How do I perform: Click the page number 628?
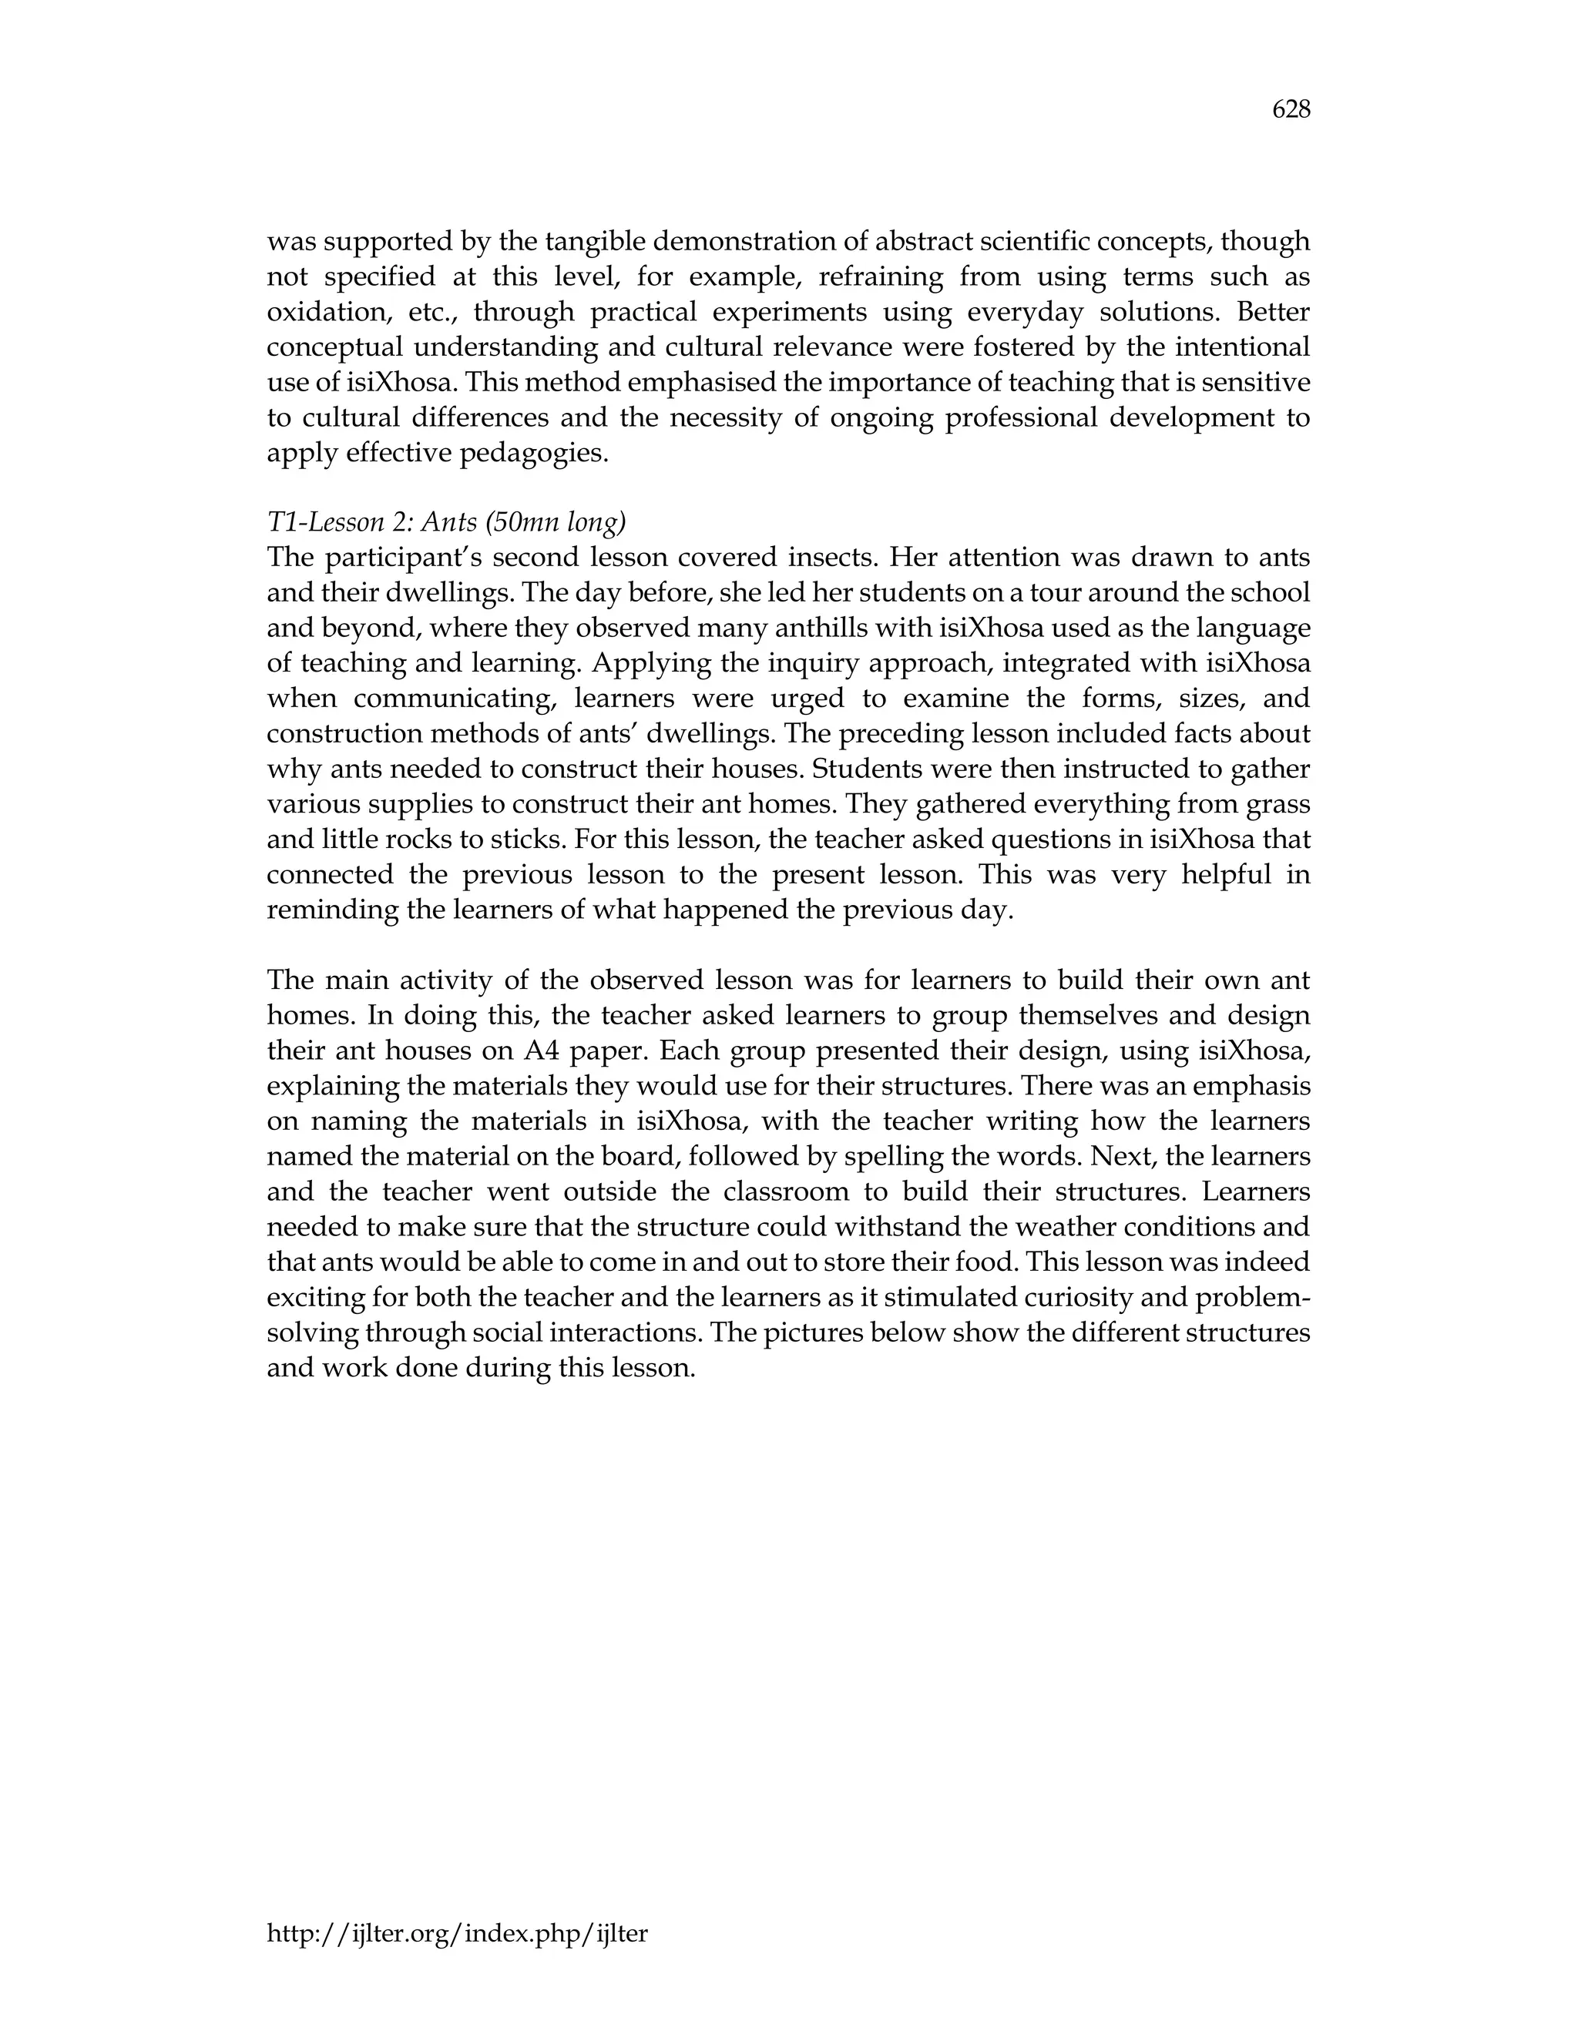[1291, 110]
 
